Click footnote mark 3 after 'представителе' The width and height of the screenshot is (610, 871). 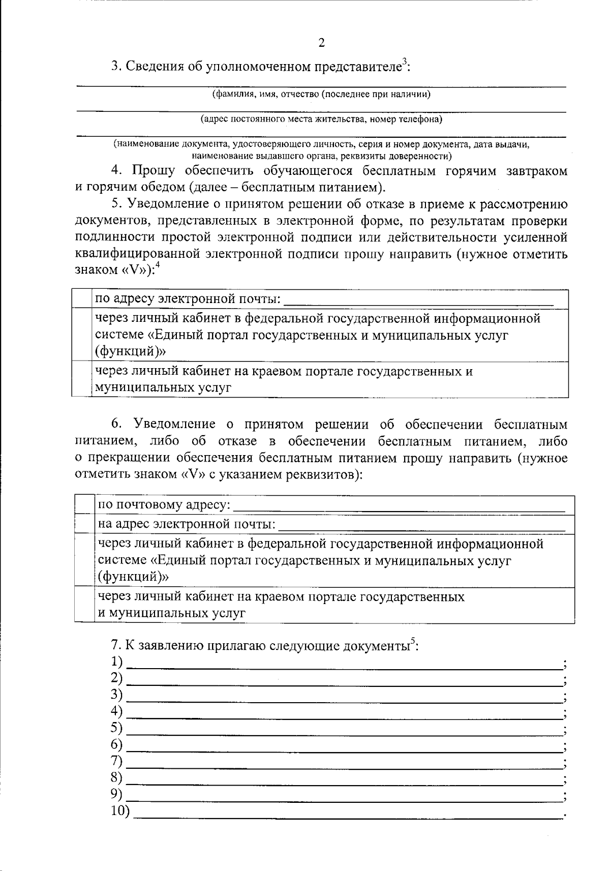click(404, 62)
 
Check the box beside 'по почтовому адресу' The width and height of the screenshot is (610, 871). click(84, 505)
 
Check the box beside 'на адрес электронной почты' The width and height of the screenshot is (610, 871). click(84, 524)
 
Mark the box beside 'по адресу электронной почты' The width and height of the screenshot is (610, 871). click(81, 298)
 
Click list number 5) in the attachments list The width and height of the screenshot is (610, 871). click(117, 728)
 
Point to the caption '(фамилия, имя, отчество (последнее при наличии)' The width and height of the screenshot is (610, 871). click(321, 95)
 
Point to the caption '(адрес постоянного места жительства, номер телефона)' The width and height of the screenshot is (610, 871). click(321, 119)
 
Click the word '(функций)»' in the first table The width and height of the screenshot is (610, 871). click(131, 352)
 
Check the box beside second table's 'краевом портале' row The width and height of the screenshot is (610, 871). click(84, 605)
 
